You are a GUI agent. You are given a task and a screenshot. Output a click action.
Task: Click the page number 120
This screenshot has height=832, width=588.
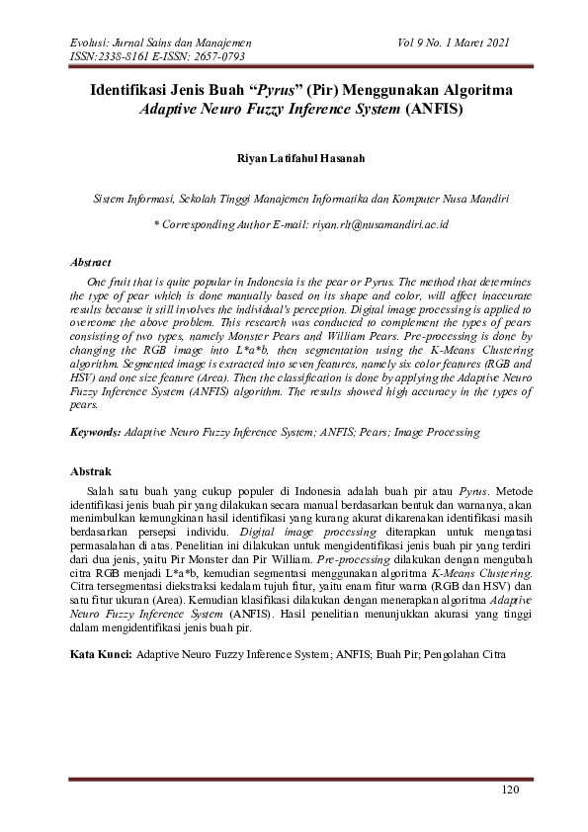point(509,790)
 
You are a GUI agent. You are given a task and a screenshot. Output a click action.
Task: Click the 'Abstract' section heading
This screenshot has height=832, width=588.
point(92,263)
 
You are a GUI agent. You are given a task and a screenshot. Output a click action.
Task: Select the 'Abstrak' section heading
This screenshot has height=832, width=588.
point(91,471)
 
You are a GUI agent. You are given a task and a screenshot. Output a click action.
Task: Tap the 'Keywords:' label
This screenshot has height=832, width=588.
point(96,432)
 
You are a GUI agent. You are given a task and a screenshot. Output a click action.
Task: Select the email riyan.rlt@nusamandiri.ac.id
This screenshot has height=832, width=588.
point(378,225)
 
